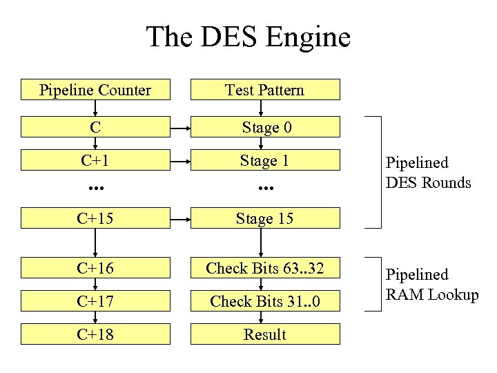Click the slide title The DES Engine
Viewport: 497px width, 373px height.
pos(248,37)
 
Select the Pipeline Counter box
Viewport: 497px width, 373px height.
pos(95,90)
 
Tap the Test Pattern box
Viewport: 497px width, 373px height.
pos(264,90)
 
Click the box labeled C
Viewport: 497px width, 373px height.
pos(95,127)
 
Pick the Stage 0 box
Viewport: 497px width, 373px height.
pos(264,127)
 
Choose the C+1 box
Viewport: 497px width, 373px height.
pos(95,160)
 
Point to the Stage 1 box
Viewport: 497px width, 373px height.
pos(264,160)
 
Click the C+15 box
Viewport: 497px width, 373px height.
pos(95,218)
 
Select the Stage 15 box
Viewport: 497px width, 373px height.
pos(264,218)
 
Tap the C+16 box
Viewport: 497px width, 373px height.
pos(95,268)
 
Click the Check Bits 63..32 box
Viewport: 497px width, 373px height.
pos(264,268)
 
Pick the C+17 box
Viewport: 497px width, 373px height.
pos(95,301)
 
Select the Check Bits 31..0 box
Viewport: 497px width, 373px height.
pos(264,301)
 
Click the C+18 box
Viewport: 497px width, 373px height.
pos(95,334)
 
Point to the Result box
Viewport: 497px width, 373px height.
pos(264,334)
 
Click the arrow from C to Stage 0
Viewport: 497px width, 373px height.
pos(180,127)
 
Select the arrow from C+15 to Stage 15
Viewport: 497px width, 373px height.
pos(180,218)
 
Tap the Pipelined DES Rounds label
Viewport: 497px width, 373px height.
pos(428,173)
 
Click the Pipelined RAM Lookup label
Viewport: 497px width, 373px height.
pos(431,285)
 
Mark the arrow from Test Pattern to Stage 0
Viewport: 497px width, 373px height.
pos(261,108)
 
